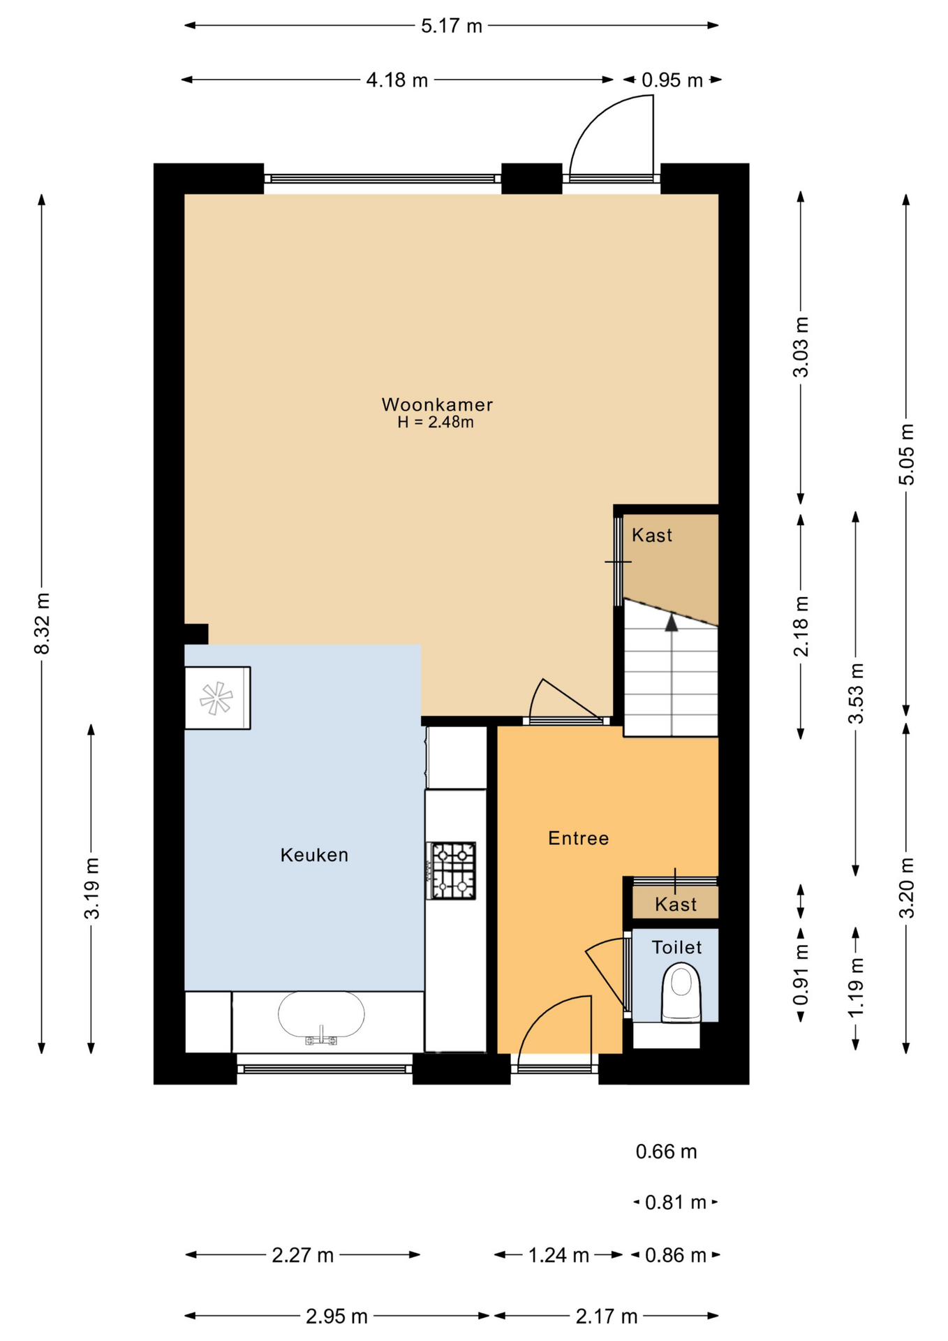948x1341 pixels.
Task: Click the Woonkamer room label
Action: click(437, 404)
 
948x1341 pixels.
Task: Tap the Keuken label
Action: click(314, 855)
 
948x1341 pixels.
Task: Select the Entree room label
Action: click(578, 838)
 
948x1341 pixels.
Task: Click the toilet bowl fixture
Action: click(681, 992)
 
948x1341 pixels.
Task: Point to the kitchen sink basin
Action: click(321, 1014)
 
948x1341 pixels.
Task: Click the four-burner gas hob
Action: click(452, 870)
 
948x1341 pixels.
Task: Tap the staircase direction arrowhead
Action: click(672, 622)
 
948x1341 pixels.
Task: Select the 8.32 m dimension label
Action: click(42, 624)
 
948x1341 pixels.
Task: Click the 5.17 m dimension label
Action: click(452, 26)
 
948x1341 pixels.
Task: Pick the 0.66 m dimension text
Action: click(666, 1152)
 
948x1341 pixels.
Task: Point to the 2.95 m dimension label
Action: click(336, 1317)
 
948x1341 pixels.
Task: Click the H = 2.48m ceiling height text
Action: click(436, 422)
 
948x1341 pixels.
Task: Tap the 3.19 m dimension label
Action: click(91, 888)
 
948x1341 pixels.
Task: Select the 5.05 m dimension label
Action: click(906, 454)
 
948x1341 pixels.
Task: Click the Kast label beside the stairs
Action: click(652, 535)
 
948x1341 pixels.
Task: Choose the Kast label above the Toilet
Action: click(676, 904)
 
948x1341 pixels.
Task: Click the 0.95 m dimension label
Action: click(672, 80)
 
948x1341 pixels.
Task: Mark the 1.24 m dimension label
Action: click(558, 1255)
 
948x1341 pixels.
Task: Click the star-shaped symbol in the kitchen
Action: click(216, 698)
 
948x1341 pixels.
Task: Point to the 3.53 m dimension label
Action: click(856, 693)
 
